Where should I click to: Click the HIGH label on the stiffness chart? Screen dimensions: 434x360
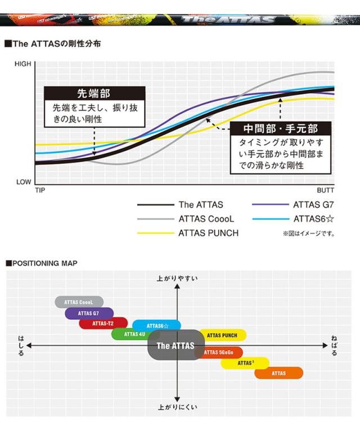23,64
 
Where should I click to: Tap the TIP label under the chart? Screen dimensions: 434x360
40,191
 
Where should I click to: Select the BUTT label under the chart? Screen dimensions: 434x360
326,191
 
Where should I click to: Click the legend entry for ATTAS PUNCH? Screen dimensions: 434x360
209,233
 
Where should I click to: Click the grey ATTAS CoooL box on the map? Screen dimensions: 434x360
79,302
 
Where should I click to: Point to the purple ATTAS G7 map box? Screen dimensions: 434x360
89,314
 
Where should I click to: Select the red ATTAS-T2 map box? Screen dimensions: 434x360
103,324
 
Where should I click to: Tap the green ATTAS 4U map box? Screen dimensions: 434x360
134,334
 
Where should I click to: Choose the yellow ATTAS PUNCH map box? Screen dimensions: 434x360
222,335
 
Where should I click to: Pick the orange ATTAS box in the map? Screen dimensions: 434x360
278,373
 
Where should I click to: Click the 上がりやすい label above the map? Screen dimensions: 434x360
177,278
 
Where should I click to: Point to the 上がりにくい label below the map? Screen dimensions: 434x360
177,406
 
